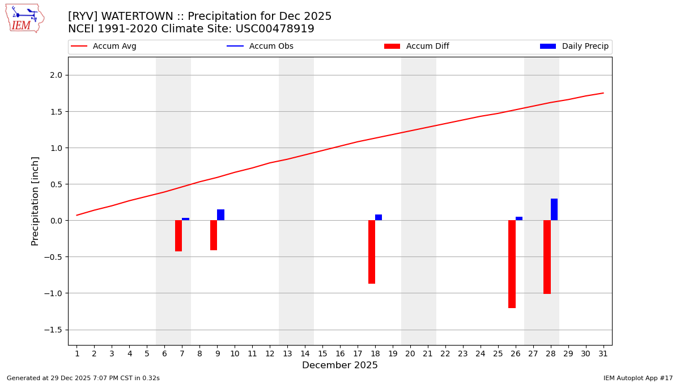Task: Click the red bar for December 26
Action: (x=512, y=264)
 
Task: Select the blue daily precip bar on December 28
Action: (x=554, y=209)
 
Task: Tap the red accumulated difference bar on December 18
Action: (x=372, y=252)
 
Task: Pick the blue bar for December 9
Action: (x=220, y=215)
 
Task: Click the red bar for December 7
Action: (x=178, y=235)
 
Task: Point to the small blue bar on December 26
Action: (x=519, y=218)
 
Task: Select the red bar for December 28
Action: (x=547, y=257)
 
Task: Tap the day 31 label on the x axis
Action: (x=603, y=354)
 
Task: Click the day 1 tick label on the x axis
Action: (x=77, y=354)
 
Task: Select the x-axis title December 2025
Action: (x=339, y=365)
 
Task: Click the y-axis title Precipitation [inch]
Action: (x=35, y=201)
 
